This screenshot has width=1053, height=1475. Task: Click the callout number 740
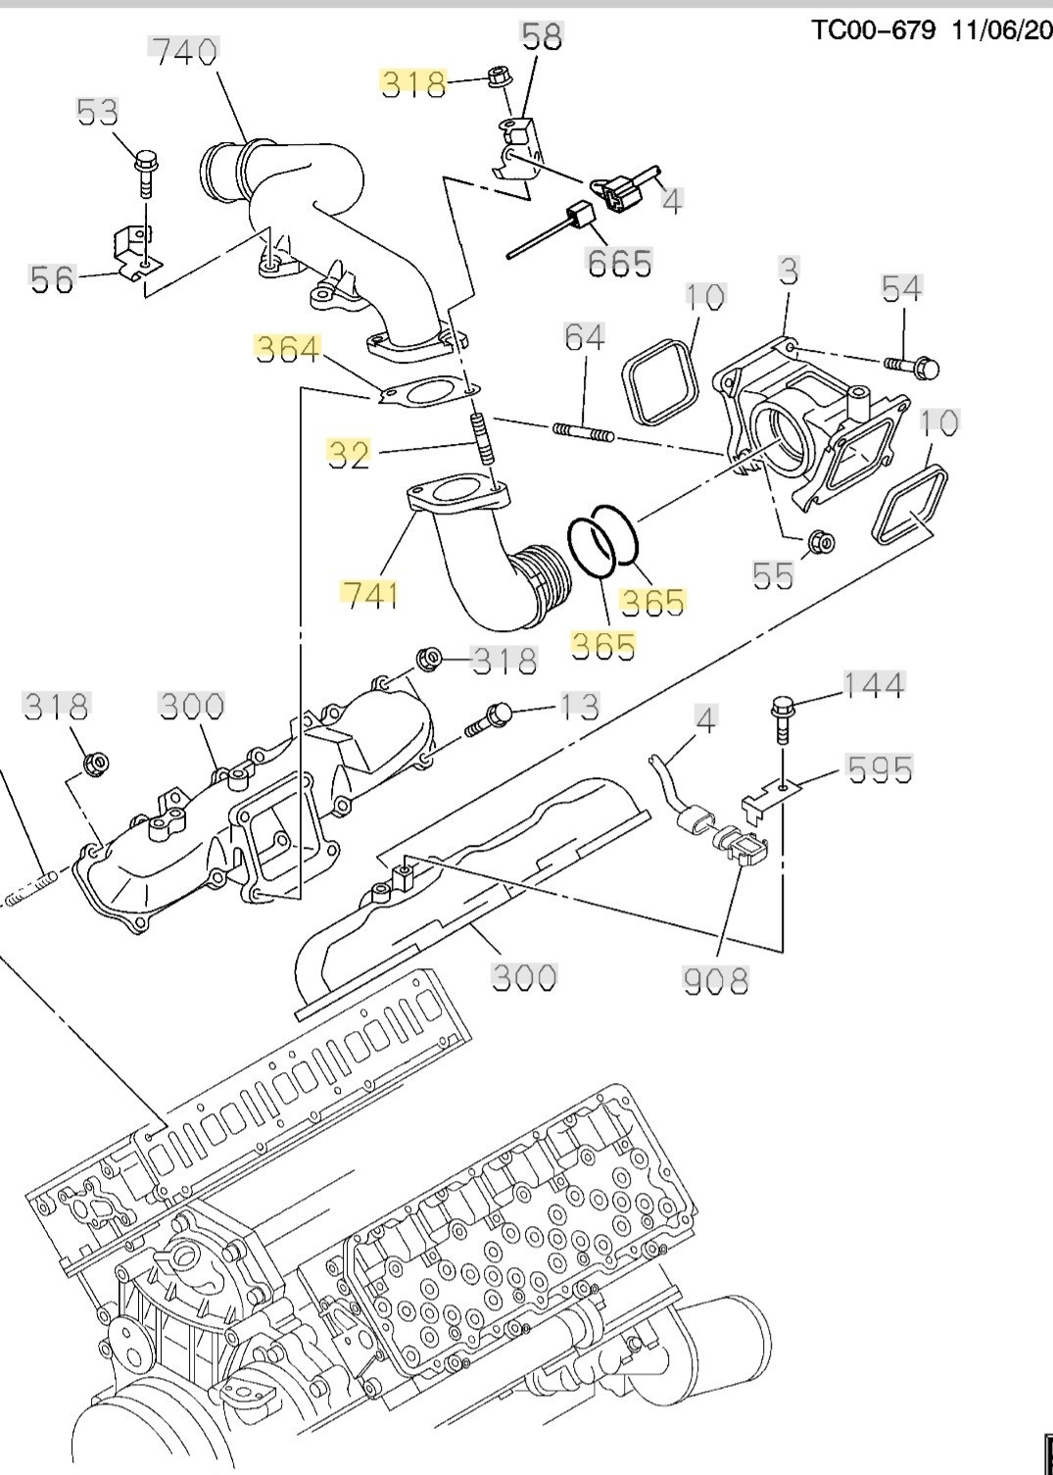(184, 52)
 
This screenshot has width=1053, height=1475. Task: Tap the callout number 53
(97, 112)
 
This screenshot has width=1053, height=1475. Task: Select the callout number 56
(52, 279)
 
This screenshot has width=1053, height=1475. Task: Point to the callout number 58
(543, 37)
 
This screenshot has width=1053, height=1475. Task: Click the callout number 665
(619, 264)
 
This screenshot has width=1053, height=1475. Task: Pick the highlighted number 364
(288, 349)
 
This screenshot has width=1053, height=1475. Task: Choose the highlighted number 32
(349, 455)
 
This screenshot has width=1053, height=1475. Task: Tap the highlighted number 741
(371, 595)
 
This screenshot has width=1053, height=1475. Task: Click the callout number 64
(585, 338)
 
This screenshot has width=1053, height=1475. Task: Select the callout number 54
(902, 288)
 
